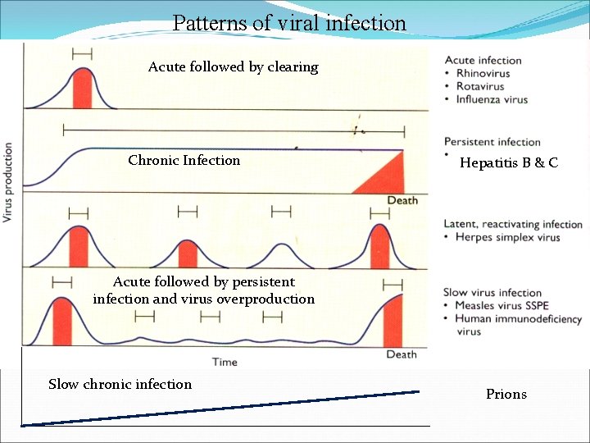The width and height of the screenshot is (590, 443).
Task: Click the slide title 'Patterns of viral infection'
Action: coord(289,22)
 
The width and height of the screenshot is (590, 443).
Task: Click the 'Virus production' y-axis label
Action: coord(8,182)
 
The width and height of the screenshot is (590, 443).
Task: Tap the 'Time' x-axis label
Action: coord(225,362)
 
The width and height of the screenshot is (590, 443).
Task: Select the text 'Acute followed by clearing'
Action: coord(233,67)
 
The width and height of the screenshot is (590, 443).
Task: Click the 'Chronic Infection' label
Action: coord(184,161)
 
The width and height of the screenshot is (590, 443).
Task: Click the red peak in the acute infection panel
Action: coord(82,89)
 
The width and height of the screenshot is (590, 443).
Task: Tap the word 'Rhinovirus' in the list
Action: coord(483,73)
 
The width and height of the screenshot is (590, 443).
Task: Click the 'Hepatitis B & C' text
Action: coord(509,163)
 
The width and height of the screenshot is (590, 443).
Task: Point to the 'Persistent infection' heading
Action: coord(492,142)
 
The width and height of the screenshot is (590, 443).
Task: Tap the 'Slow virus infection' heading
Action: coord(492,293)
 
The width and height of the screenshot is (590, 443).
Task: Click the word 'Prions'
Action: coord(506,395)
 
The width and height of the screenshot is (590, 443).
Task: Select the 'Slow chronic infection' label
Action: coord(120,385)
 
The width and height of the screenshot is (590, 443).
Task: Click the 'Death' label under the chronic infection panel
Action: coord(402,201)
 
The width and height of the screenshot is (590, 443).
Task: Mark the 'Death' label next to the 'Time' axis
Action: coord(402,354)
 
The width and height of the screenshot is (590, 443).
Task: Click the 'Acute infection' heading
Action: coord(483,60)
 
